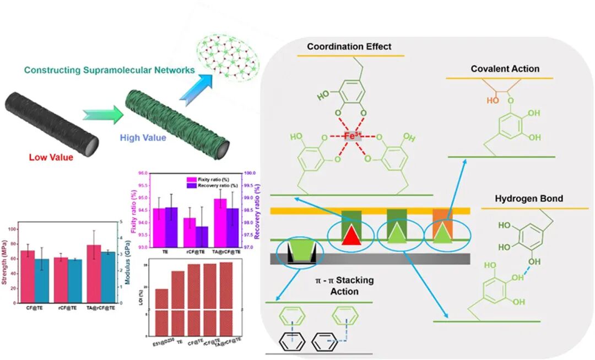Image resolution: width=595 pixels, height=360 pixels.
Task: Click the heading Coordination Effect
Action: click(349, 47)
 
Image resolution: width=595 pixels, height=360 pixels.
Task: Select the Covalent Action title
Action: click(505, 69)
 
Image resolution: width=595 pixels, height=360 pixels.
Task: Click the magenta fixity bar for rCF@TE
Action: click(190, 232)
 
